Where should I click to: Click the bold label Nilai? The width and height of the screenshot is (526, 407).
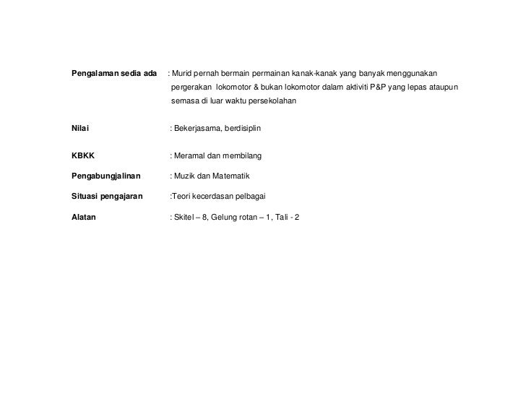tap(79, 128)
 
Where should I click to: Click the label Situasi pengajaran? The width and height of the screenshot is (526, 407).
tap(106, 196)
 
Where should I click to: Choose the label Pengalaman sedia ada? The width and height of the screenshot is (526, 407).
tap(114, 74)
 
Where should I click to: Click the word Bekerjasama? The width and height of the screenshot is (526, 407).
tap(199, 128)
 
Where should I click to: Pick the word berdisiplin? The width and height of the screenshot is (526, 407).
tap(247, 128)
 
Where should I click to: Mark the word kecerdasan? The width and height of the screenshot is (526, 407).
tap(218, 196)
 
